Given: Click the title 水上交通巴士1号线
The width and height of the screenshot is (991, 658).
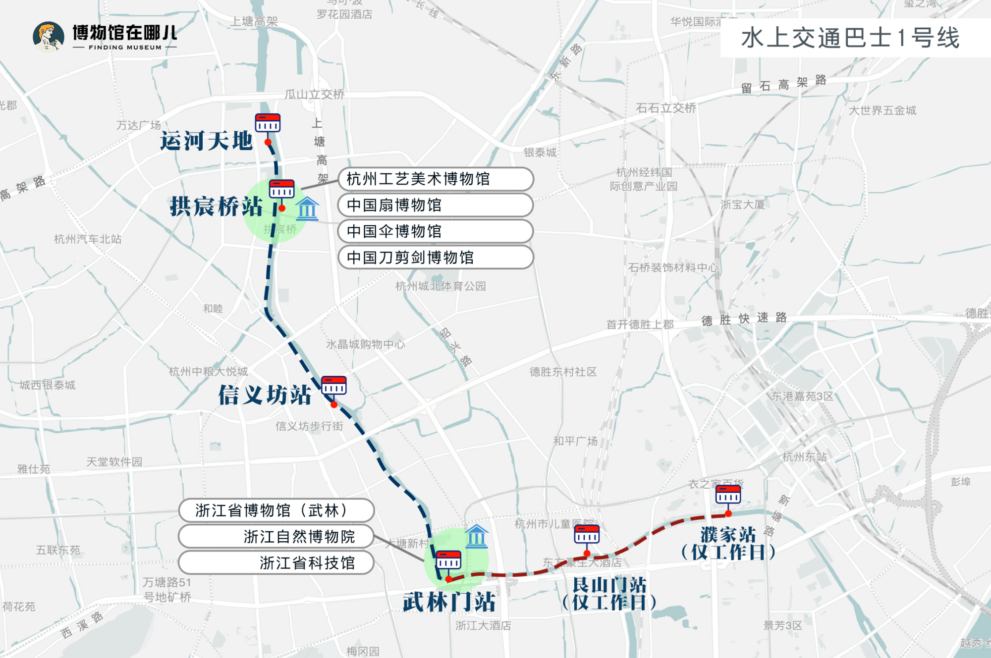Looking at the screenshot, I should click(850, 38).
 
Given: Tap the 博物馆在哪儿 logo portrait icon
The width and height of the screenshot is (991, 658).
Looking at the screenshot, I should click(48, 37).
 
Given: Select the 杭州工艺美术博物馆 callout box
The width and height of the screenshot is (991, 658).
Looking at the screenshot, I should click(435, 179).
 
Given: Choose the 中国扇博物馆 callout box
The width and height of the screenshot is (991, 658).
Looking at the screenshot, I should click(435, 205).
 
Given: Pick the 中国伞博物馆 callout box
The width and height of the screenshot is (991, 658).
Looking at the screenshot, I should click(435, 231).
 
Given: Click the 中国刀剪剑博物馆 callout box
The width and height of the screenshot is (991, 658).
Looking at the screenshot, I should click(435, 257).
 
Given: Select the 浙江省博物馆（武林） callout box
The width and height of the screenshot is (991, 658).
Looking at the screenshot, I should click(276, 510).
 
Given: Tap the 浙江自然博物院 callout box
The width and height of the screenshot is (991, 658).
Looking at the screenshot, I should click(276, 537).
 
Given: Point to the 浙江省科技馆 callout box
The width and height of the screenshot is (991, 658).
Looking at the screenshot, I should click(276, 563).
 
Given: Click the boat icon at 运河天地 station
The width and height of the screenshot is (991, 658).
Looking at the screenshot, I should click(268, 123).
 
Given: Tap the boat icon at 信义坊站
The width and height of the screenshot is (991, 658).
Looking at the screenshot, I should click(334, 385).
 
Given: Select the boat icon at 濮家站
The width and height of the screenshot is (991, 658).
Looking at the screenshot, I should click(728, 494).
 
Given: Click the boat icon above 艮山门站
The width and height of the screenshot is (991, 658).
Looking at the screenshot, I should click(587, 534).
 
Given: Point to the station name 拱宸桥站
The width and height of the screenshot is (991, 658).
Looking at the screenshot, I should click(216, 206).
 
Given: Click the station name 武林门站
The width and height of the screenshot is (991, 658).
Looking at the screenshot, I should click(449, 602).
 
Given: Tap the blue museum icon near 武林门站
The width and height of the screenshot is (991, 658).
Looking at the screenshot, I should click(477, 537).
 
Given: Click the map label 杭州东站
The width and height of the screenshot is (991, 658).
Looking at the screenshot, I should click(804, 457).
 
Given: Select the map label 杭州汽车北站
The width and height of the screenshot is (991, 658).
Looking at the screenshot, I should click(88, 240).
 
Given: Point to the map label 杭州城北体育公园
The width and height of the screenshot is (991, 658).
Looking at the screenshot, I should click(440, 286).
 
